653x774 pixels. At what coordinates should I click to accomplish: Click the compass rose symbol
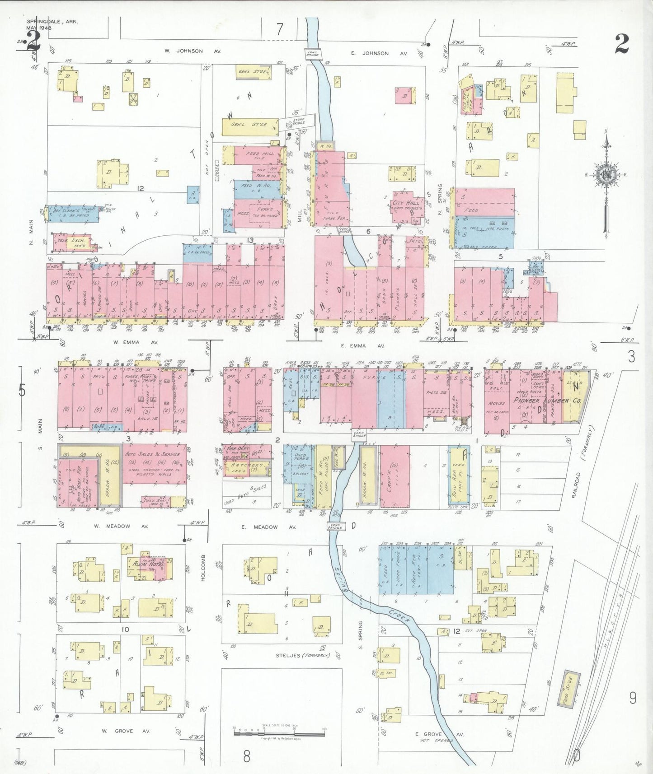pos(606,175)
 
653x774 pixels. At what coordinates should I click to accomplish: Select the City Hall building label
pos(406,203)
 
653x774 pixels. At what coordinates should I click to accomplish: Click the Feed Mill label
pos(259,154)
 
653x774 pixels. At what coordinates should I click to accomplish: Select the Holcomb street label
pos(203,567)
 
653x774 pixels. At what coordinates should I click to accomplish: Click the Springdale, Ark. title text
pos(46,21)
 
